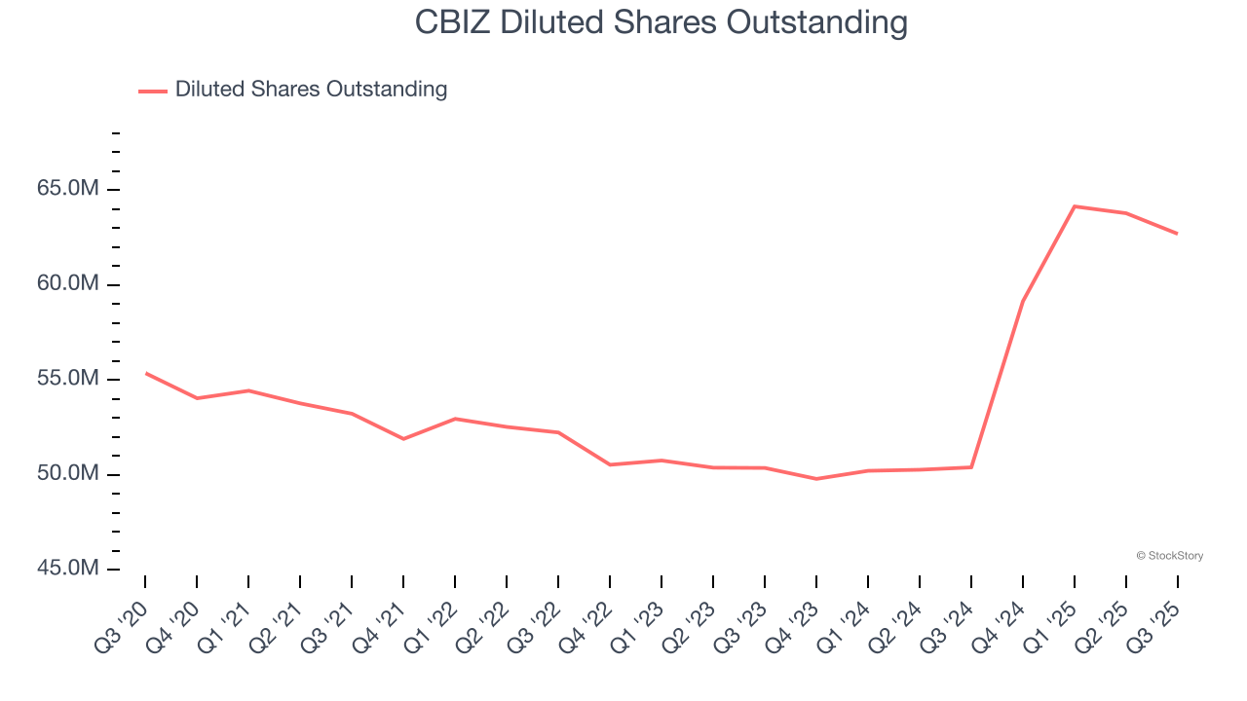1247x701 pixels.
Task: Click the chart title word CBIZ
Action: point(453,21)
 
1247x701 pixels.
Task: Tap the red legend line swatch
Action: point(153,91)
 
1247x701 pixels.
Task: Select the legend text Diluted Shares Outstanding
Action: point(311,90)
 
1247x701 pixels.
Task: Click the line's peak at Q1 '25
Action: point(1075,206)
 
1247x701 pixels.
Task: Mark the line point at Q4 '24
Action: point(1023,302)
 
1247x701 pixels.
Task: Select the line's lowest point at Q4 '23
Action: point(816,479)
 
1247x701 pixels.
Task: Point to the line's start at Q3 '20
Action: point(146,373)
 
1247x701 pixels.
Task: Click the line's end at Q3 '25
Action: point(1177,234)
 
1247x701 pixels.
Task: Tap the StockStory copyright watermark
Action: point(1169,556)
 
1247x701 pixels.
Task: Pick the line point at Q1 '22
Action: point(455,419)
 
